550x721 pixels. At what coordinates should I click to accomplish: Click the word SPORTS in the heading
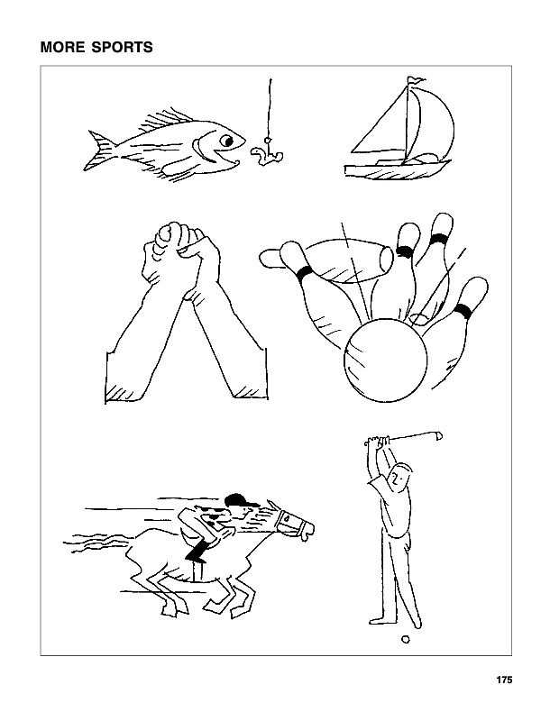pyautogui.click(x=122, y=47)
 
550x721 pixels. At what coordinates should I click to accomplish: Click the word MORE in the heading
pyautogui.click(x=61, y=47)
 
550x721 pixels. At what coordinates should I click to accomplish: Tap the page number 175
pyautogui.click(x=504, y=680)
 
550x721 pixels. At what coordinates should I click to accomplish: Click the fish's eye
pyautogui.click(x=226, y=141)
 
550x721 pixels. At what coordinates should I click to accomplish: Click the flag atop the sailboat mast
pyautogui.click(x=416, y=81)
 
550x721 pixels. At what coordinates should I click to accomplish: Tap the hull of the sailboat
pyautogui.click(x=397, y=170)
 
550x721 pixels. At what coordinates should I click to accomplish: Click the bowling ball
pyautogui.click(x=385, y=360)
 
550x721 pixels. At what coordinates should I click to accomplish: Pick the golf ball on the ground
pyautogui.click(x=406, y=639)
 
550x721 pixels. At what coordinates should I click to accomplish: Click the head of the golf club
pyautogui.click(x=438, y=435)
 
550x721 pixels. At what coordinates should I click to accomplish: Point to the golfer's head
pyautogui.click(x=399, y=477)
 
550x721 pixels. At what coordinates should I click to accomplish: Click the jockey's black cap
pyautogui.click(x=238, y=500)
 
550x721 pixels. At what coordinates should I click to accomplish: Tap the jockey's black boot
pyautogui.click(x=197, y=551)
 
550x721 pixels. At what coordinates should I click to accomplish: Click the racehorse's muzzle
pyautogui.click(x=306, y=529)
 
